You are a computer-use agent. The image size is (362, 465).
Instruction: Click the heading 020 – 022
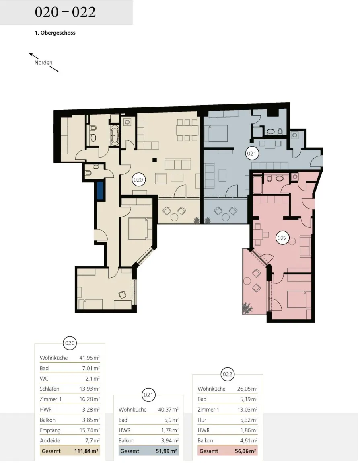(65, 12)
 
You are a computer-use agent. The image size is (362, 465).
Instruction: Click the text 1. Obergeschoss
(55, 33)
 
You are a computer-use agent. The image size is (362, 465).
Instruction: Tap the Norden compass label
(43, 63)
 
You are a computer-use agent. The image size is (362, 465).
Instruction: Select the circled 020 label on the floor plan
(138, 180)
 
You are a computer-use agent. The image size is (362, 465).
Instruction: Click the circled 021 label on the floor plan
(251, 153)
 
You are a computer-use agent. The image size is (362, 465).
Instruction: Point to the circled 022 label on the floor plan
(282, 238)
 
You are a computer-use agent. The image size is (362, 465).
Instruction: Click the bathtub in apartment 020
(115, 135)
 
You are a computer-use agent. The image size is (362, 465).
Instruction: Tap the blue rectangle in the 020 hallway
(100, 191)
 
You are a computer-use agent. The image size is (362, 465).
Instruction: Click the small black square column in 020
(154, 160)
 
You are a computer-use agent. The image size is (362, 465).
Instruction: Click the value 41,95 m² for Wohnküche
(89, 358)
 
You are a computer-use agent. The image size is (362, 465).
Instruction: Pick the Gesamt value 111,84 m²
(86, 451)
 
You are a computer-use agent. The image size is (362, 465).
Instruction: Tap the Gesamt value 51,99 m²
(167, 451)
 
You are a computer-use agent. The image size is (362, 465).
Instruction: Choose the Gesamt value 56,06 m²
(245, 451)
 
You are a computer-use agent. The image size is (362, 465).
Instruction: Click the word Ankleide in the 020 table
(50, 440)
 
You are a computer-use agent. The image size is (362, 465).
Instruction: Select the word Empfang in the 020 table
(50, 430)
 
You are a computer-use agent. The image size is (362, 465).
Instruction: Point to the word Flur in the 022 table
(202, 420)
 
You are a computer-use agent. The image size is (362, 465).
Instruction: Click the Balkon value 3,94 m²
(169, 440)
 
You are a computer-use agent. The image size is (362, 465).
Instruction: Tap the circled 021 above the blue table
(148, 395)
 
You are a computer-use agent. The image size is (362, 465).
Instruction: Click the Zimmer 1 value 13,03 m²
(247, 410)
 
